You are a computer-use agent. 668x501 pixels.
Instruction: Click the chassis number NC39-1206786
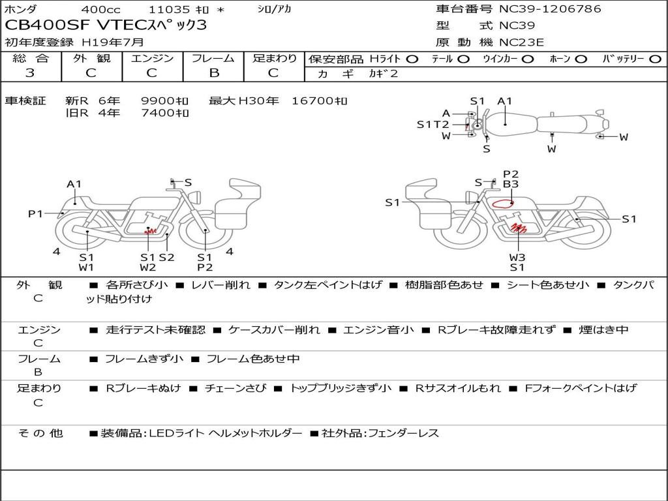(x=550, y=9)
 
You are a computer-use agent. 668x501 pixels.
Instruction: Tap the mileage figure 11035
(x=169, y=9)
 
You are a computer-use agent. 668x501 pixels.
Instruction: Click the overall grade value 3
(x=30, y=73)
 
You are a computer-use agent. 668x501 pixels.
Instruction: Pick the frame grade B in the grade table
(x=214, y=73)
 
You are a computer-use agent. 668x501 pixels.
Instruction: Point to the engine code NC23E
(x=521, y=42)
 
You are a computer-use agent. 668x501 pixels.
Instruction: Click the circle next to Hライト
(x=412, y=59)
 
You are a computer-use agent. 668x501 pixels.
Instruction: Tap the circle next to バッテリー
(x=655, y=59)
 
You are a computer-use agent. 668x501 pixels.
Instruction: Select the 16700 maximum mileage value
(x=319, y=101)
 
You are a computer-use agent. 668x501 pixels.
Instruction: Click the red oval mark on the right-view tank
(x=503, y=204)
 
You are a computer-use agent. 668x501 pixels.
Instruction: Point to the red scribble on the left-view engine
(x=150, y=232)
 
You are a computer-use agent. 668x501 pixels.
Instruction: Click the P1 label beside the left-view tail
(x=36, y=213)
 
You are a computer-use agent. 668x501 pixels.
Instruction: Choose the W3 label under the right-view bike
(x=517, y=257)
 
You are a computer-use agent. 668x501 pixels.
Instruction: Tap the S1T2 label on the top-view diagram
(x=433, y=125)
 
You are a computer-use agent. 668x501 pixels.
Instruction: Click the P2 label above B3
(x=511, y=174)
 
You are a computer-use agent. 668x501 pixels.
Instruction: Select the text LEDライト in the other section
(x=178, y=433)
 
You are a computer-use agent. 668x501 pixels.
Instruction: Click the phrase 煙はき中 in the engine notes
(x=603, y=329)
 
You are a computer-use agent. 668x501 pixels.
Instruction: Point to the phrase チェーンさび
(x=235, y=388)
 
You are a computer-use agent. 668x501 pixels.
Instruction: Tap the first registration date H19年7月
(x=113, y=42)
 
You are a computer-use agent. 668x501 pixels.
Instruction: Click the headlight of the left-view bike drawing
(x=196, y=197)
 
